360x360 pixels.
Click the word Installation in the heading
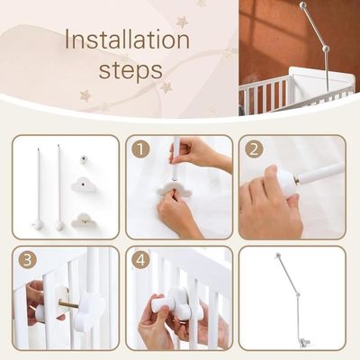128,40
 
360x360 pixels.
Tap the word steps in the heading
130,70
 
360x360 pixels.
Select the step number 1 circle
140,149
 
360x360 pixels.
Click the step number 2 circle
254,149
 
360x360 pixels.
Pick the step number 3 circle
27,260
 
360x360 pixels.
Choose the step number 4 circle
140,260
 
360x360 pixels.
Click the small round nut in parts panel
85,159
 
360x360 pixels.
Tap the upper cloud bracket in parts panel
84,184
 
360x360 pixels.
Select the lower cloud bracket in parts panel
84,220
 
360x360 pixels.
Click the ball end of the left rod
38,225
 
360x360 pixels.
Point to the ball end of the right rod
59,225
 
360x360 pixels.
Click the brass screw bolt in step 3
69,304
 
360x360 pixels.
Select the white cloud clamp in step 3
89,310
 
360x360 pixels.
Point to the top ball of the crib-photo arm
304,5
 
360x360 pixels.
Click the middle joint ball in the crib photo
325,49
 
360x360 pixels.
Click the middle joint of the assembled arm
298,295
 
